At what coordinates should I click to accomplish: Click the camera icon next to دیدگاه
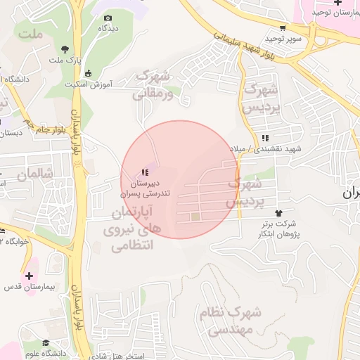pyautogui.click(x=108, y=18)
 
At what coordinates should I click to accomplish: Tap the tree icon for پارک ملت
pyautogui.click(x=65, y=49)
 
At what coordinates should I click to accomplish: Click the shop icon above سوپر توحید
pyautogui.click(x=283, y=29)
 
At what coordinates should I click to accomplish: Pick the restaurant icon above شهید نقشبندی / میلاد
pyautogui.click(x=264, y=139)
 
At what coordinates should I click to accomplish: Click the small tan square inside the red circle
pyautogui.click(x=195, y=217)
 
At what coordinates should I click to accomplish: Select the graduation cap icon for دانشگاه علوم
pyautogui.click(x=46, y=343)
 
